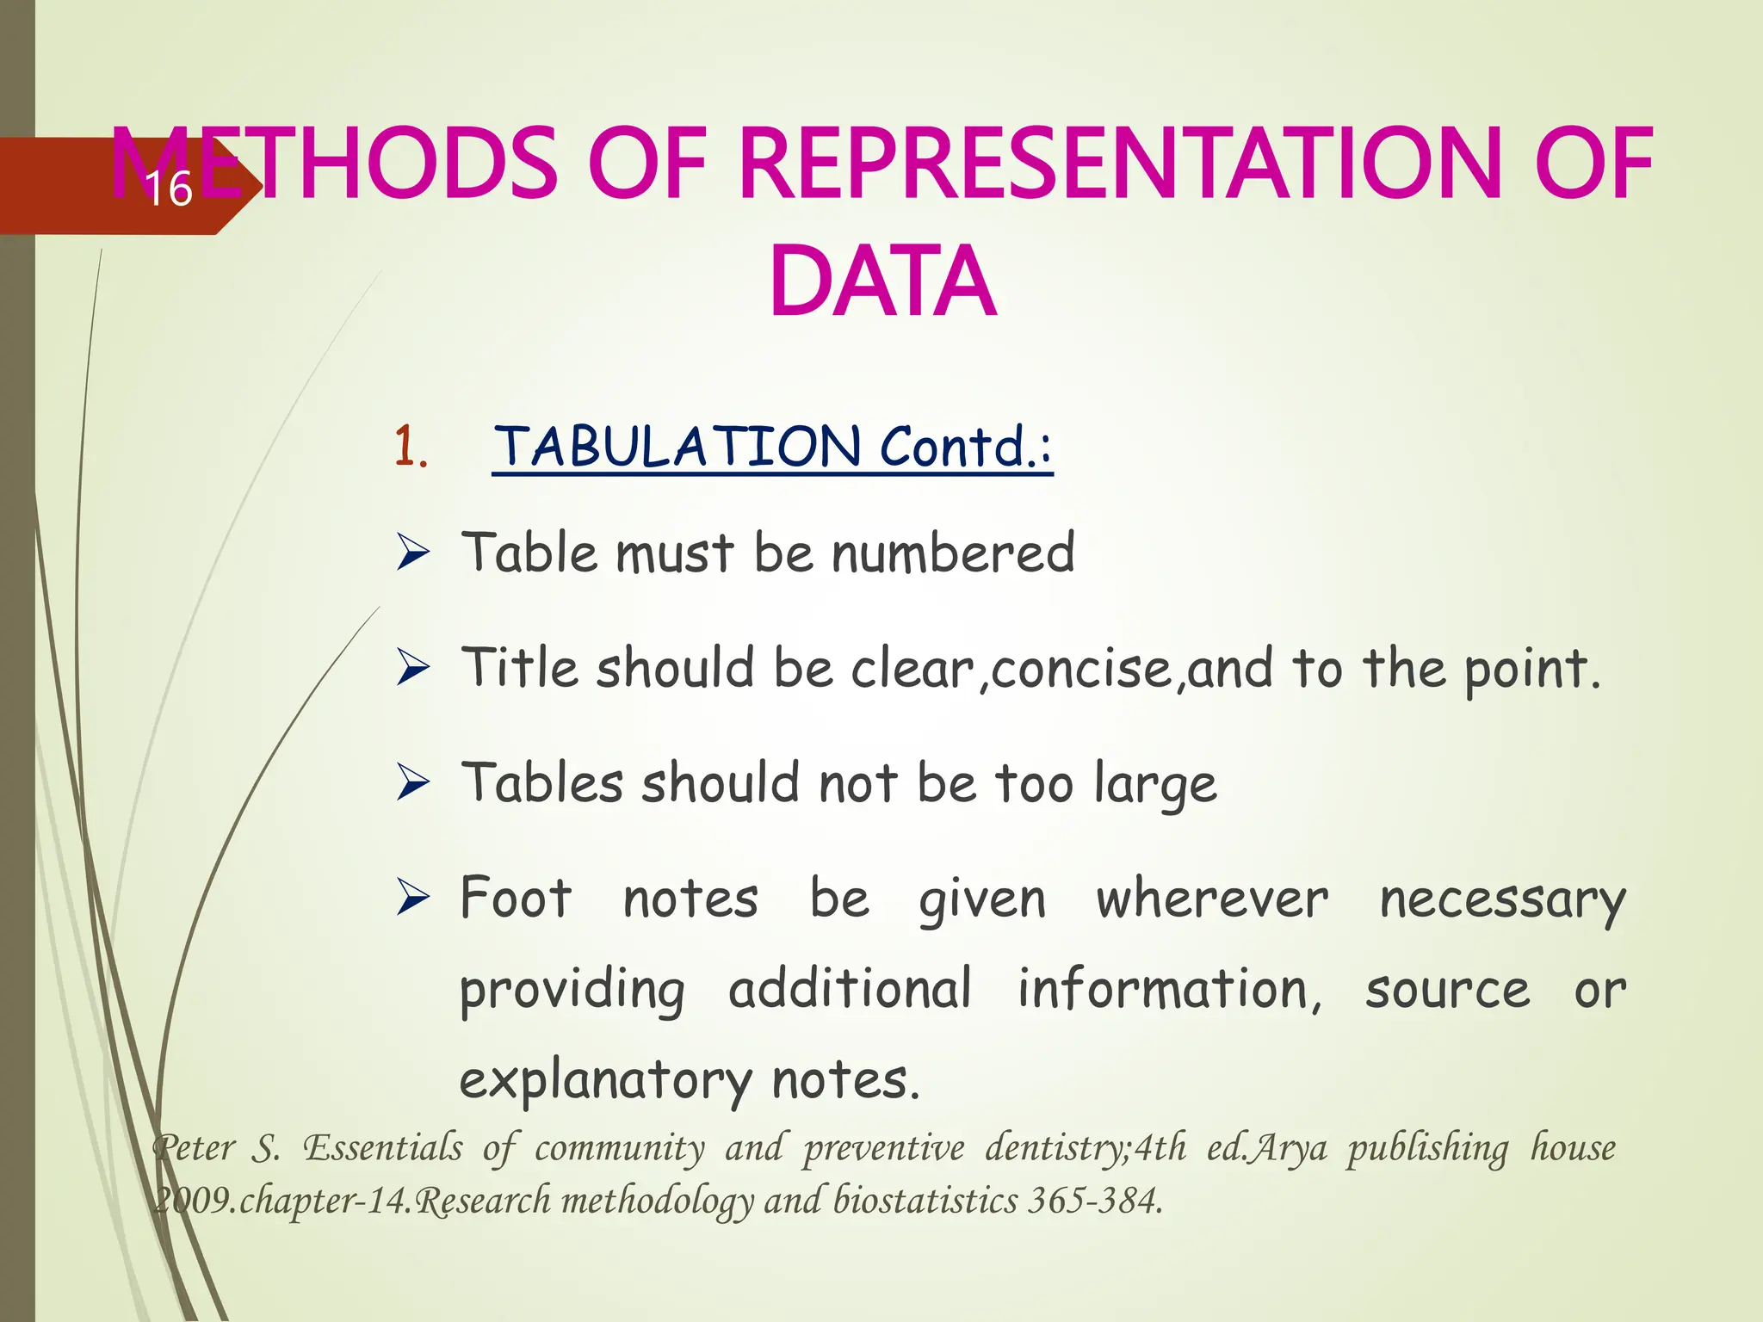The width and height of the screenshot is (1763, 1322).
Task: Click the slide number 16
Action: tap(169, 189)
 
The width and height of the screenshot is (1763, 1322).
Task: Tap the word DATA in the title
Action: tap(882, 282)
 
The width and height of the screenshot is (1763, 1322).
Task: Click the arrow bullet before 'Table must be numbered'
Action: tap(413, 553)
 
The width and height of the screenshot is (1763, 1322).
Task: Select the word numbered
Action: tap(953, 553)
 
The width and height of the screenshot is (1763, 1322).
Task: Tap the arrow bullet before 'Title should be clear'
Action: tap(413, 668)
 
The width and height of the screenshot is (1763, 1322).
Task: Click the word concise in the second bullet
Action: tap(1081, 670)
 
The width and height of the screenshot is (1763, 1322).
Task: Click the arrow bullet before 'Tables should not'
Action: tap(413, 783)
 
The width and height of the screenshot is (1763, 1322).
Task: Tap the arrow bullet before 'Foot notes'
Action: tap(413, 899)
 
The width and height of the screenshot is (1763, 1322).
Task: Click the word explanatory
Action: tap(606, 1081)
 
